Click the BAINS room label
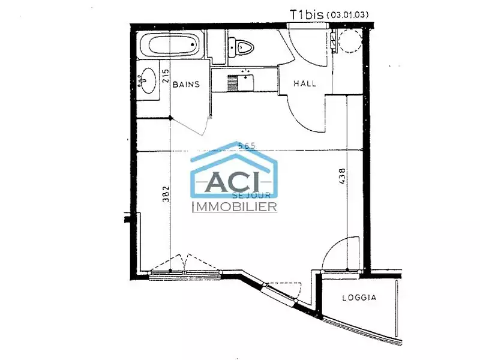pos(185,85)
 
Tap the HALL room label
pos(304,84)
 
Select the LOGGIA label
pos(359,298)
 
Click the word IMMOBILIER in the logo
pos(233,207)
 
